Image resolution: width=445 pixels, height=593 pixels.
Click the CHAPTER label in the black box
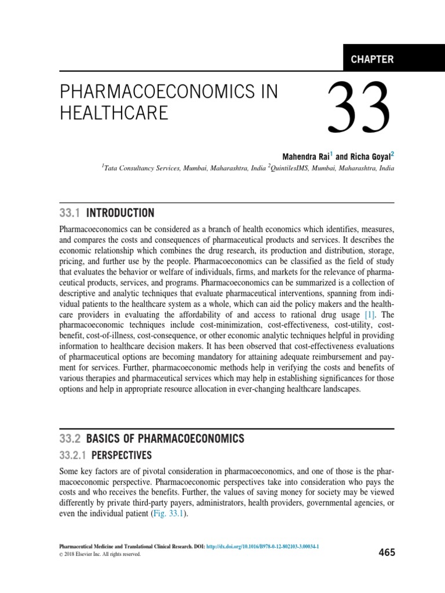pyautogui.click(x=372, y=59)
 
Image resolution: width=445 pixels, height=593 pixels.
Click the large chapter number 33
pyautogui.click(x=358, y=108)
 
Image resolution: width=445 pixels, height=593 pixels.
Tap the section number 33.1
pyautogui.click(x=70, y=213)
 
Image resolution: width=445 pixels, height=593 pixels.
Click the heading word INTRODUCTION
pyautogui.click(x=121, y=213)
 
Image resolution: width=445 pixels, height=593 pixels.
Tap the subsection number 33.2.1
pyautogui.click(x=74, y=455)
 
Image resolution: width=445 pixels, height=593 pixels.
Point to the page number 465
pyautogui.click(x=386, y=552)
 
